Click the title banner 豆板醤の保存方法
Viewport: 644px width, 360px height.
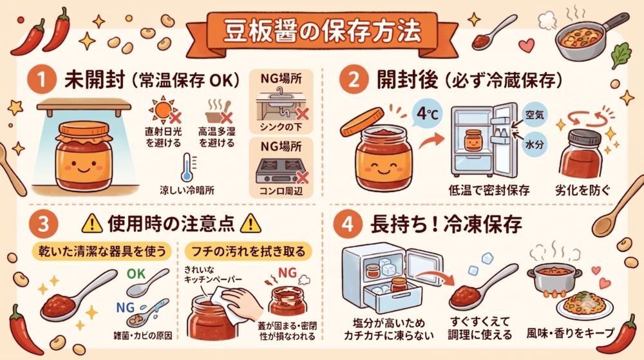(x=323, y=32)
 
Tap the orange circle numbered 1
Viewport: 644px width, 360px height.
(x=41, y=80)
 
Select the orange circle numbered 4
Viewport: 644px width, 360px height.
(x=348, y=224)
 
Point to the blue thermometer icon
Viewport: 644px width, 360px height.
(x=187, y=167)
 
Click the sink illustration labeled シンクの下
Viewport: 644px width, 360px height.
(x=281, y=104)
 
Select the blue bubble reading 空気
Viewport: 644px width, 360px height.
(x=535, y=115)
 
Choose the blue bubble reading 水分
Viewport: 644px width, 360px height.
(x=535, y=144)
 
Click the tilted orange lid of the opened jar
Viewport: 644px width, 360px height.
(x=362, y=122)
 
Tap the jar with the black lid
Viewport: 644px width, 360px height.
(x=580, y=153)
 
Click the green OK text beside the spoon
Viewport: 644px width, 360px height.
(x=136, y=274)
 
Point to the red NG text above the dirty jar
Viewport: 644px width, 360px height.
(x=287, y=273)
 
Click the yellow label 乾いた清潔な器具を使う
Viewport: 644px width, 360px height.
(x=102, y=251)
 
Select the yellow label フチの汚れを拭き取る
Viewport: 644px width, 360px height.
(x=249, y=251)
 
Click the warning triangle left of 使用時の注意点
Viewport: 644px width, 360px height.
(x=92, y=223)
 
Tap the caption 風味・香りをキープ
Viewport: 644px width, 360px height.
(x=571, y=334)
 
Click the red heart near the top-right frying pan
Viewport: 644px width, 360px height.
(x=526, y=45)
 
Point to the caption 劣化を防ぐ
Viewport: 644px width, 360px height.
(x=582, y=191)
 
